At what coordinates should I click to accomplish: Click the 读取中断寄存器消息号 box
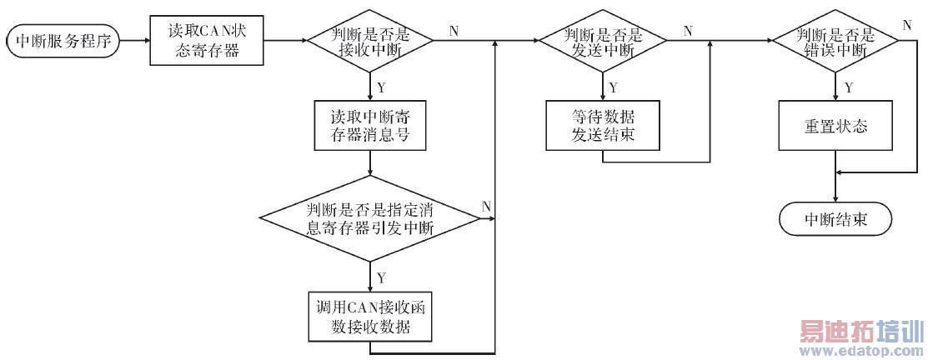pos(369,125)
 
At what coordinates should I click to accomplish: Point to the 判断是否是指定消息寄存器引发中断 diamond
pos(369,219)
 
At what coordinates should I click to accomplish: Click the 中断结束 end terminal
pos(835,220)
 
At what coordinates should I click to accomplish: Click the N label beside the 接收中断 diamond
pos(454,31)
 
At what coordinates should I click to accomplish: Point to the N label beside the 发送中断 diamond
pos(688,31)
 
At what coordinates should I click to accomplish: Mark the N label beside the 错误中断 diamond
pos(906,22)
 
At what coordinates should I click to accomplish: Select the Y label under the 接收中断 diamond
pos(381,87)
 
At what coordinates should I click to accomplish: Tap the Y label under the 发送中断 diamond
pos(613,87)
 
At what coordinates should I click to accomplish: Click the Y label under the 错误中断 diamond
pos(847,87)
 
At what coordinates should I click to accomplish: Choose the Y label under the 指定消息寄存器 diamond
pos(381,276)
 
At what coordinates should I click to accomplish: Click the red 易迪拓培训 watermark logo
pos(860,332)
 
